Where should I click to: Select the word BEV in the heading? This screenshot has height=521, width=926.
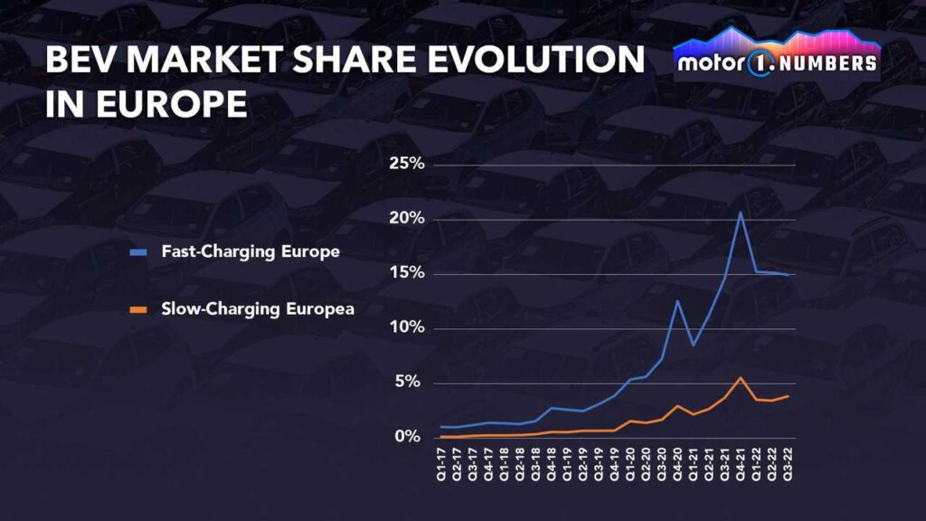[80, 61]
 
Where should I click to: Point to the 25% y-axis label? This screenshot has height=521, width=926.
[407, 165]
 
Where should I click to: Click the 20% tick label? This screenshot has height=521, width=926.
[407, 219]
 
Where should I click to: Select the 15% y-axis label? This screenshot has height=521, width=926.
[407, 273]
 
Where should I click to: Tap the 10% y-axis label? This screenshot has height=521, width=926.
[407, 327]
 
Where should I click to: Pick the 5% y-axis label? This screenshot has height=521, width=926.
[410, 382]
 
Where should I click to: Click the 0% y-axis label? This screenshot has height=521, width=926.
[410, 436]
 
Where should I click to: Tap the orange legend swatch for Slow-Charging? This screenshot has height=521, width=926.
[137, 309]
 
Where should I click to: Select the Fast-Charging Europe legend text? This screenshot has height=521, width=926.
[250, 251]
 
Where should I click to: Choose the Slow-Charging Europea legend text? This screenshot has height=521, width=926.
[258, 308]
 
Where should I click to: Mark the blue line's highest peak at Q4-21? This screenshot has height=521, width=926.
[741, 213]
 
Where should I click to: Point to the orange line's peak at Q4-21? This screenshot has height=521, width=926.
[741, 377]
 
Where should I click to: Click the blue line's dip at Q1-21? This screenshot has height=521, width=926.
[693, 345]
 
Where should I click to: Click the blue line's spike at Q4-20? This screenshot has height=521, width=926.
[677, 301]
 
